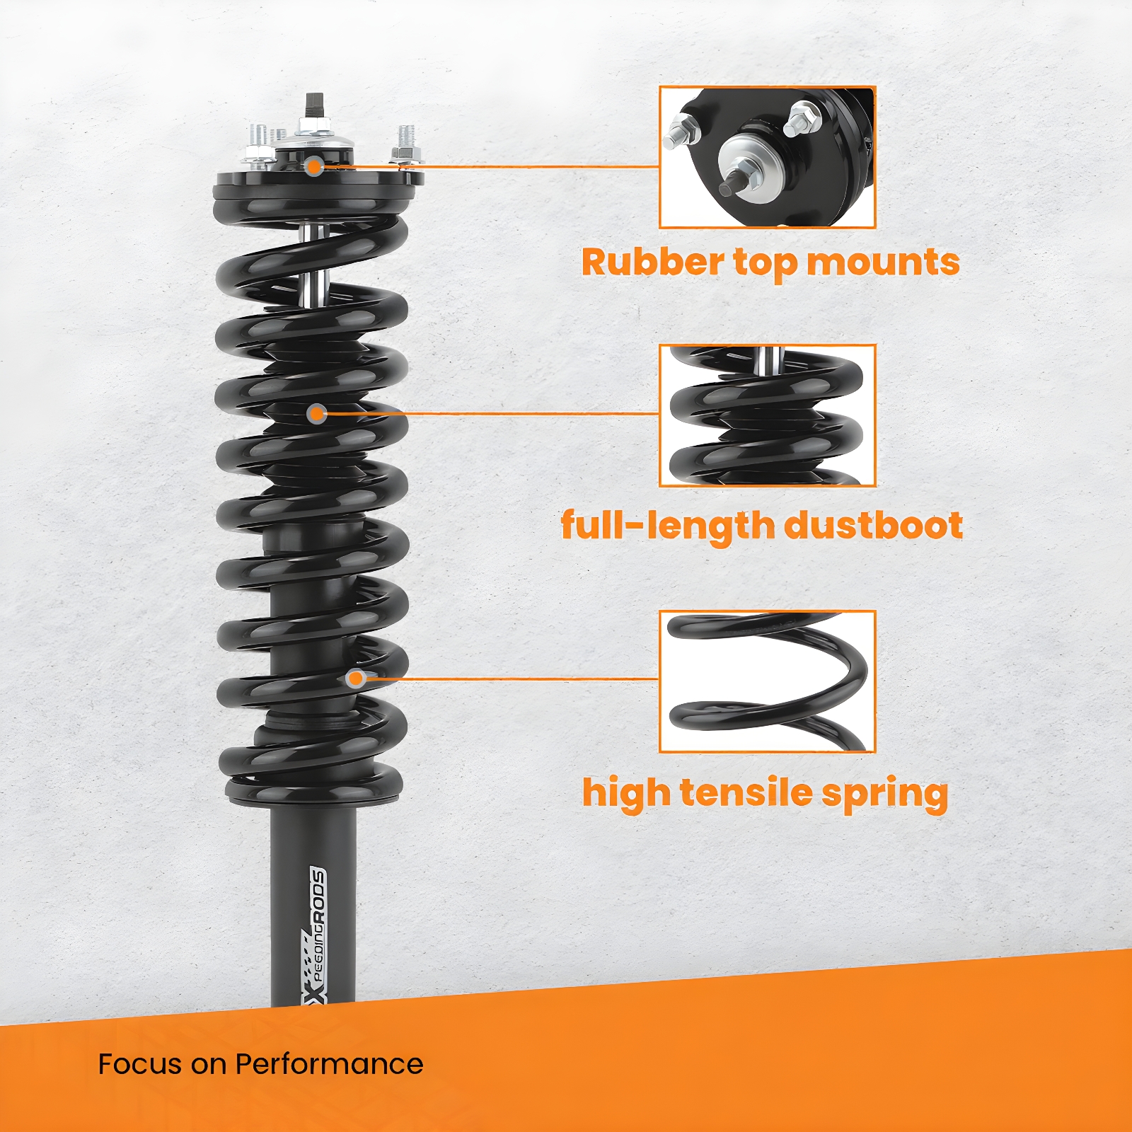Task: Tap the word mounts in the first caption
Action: click(883, 263)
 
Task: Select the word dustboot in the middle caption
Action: click(873, 526)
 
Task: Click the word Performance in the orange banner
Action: click(329, 1064)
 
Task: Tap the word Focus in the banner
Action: click(139, 1064)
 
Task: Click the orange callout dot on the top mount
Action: click(314, 167)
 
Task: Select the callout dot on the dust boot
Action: click(317, 413)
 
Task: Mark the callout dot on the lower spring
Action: click(356, 678)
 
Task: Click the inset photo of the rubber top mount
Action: click(768, 157)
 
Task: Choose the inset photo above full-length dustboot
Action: click(768, 415)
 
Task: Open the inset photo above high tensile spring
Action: click(768, 681)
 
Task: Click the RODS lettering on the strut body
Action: click(319, 894)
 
